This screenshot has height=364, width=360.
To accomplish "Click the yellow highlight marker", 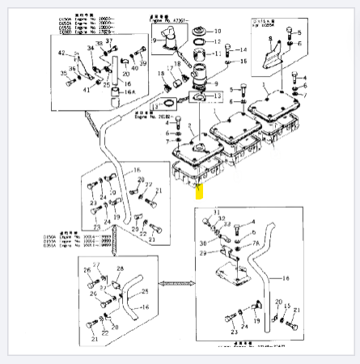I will [200, 190].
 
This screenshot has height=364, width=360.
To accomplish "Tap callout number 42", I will [61, 53].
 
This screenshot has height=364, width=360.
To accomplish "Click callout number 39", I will [143, 61].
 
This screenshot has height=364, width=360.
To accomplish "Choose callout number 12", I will [217, 40].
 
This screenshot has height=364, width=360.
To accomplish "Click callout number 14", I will [243, 50].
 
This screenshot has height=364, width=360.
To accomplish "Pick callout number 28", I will [120, 268].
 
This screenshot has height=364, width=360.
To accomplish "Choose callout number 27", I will [95, 265].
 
